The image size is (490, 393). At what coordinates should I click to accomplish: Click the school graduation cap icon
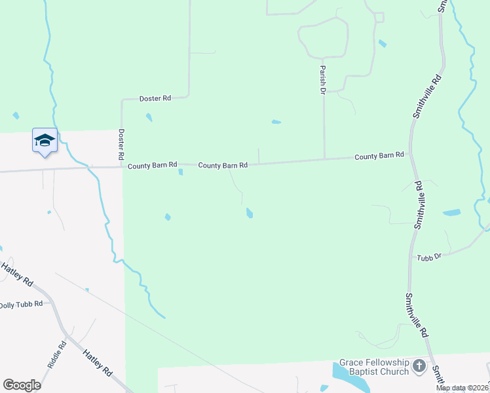[45, 140]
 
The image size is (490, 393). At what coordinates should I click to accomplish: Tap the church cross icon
[419, 367]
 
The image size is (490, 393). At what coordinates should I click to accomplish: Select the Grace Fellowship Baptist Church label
[374, 367]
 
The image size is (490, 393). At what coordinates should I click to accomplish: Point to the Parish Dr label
[323, 79]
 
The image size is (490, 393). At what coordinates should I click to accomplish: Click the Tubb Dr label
[430, 257]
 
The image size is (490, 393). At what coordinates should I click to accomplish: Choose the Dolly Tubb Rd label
[21, 305]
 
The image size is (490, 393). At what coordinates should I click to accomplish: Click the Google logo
[22, 385]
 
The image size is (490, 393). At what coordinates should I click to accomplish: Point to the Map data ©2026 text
[462, 388]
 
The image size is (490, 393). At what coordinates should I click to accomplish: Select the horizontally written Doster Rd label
[155, 98]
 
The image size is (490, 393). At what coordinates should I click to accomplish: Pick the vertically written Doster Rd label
[121, 144]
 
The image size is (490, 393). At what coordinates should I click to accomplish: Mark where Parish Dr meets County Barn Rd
[324, 159]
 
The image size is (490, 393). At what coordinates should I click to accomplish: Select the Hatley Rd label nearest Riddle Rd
[96, 362]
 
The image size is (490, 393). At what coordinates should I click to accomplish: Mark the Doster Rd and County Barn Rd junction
[122, 166]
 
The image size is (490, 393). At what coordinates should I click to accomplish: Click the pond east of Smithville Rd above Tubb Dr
[451, 213]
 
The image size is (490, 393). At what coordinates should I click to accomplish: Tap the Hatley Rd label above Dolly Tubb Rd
[17, 273]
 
